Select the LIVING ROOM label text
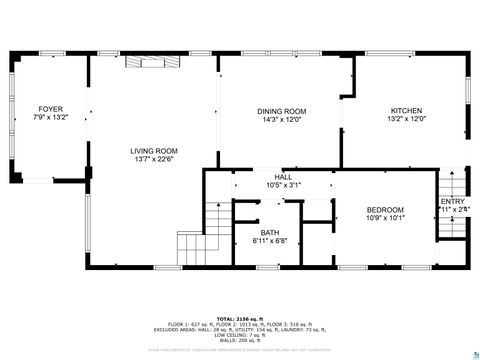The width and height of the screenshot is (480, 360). tap(153, 150)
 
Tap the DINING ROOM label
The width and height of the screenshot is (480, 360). tap(281, 111)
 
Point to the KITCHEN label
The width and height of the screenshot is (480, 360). tap(406, 111)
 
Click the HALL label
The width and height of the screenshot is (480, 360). tap(284, 177)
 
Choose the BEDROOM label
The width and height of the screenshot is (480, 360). tap(384, 209)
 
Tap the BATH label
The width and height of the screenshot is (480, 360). tap(270, 232)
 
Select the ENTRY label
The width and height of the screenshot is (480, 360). tap(453, 202)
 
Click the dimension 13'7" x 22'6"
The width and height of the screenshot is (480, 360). tap(153, 159)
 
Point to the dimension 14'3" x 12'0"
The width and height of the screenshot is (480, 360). tap(281, 120)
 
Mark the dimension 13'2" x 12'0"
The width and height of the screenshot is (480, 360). tap(406, 120)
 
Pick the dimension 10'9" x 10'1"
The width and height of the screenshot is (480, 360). tap(384, 218)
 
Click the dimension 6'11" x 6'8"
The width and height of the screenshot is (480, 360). tap(270, 241)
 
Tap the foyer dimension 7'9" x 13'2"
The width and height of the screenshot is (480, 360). tap(50, 117)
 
